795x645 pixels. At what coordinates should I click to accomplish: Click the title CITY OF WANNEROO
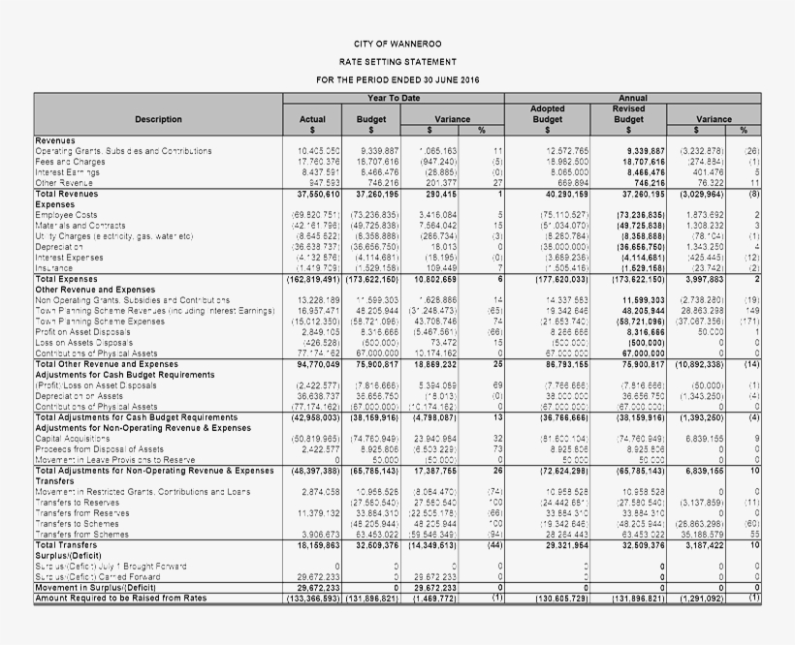tap(397, 45)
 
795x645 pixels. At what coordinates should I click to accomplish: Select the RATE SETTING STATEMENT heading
tap(397, 61)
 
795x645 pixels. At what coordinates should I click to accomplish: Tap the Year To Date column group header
tap(394, 98)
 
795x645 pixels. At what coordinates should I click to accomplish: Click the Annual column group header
tap(633, 98)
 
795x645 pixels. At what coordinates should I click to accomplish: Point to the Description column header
tap(158, 119)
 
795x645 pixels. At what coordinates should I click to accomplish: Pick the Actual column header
tap(313, 119)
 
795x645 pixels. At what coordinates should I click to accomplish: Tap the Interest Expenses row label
tap(71, 257)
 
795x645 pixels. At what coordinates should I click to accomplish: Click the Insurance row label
tap(54, 267)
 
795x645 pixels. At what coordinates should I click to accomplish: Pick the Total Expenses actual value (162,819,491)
tap(311, 278)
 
